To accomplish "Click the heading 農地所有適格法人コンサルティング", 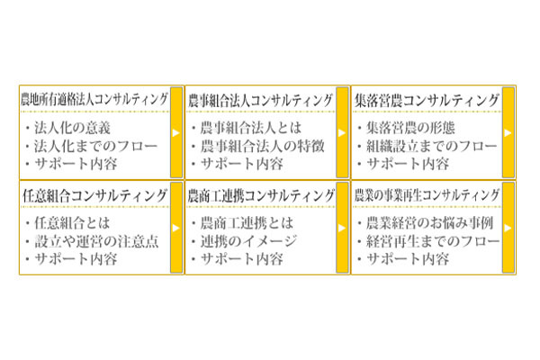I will point(94,99).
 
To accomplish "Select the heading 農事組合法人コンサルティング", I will point(261,99).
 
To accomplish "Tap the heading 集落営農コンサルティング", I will point(427,99).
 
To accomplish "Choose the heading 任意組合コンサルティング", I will point(94,195).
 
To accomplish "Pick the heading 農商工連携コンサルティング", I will point(261,195).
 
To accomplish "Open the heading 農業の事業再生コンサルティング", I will point(427,195).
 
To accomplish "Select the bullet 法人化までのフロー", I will point(94,145).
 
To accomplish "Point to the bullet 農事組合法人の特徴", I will point(260,145).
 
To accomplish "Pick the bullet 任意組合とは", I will point(75,222).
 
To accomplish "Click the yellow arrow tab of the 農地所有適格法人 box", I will point(175,131).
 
